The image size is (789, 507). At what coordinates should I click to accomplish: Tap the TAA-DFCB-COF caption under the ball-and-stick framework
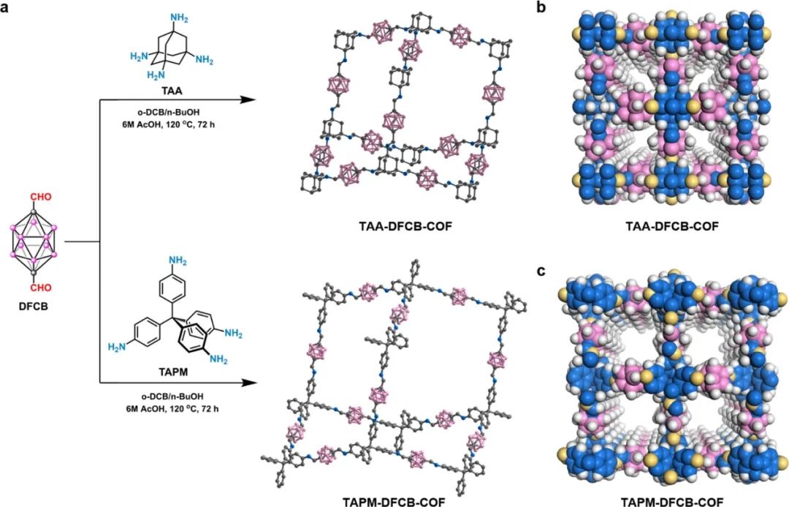[x=400, y=226]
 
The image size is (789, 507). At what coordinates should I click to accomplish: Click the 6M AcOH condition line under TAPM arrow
[x=172, y=406]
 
